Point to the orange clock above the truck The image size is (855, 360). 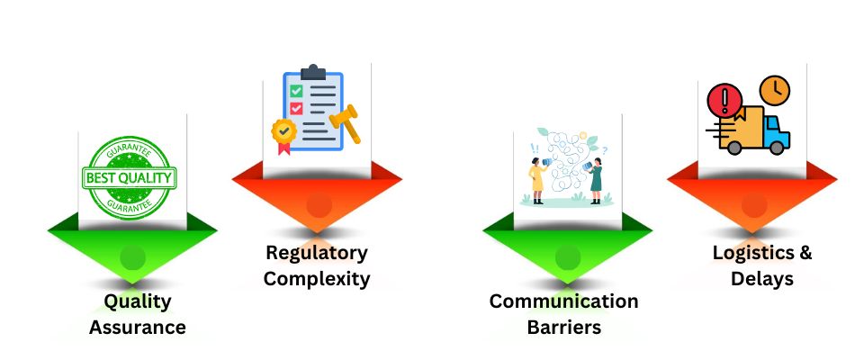click(773, 90)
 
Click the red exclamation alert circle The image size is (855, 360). click(723, 98)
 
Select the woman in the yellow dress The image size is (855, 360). click(538, 177)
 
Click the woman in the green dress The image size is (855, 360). click(595, 179)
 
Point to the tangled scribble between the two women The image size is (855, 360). click(567, 157)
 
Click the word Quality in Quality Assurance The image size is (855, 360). click(137, 301)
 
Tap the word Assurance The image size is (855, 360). click(137, 327)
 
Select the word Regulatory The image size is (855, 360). click(316, 253)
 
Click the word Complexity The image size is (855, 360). click(316, 278)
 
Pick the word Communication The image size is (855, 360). click(563, 301)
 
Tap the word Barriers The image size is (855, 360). click(563, 327)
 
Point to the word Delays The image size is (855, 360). click(762, 278)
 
